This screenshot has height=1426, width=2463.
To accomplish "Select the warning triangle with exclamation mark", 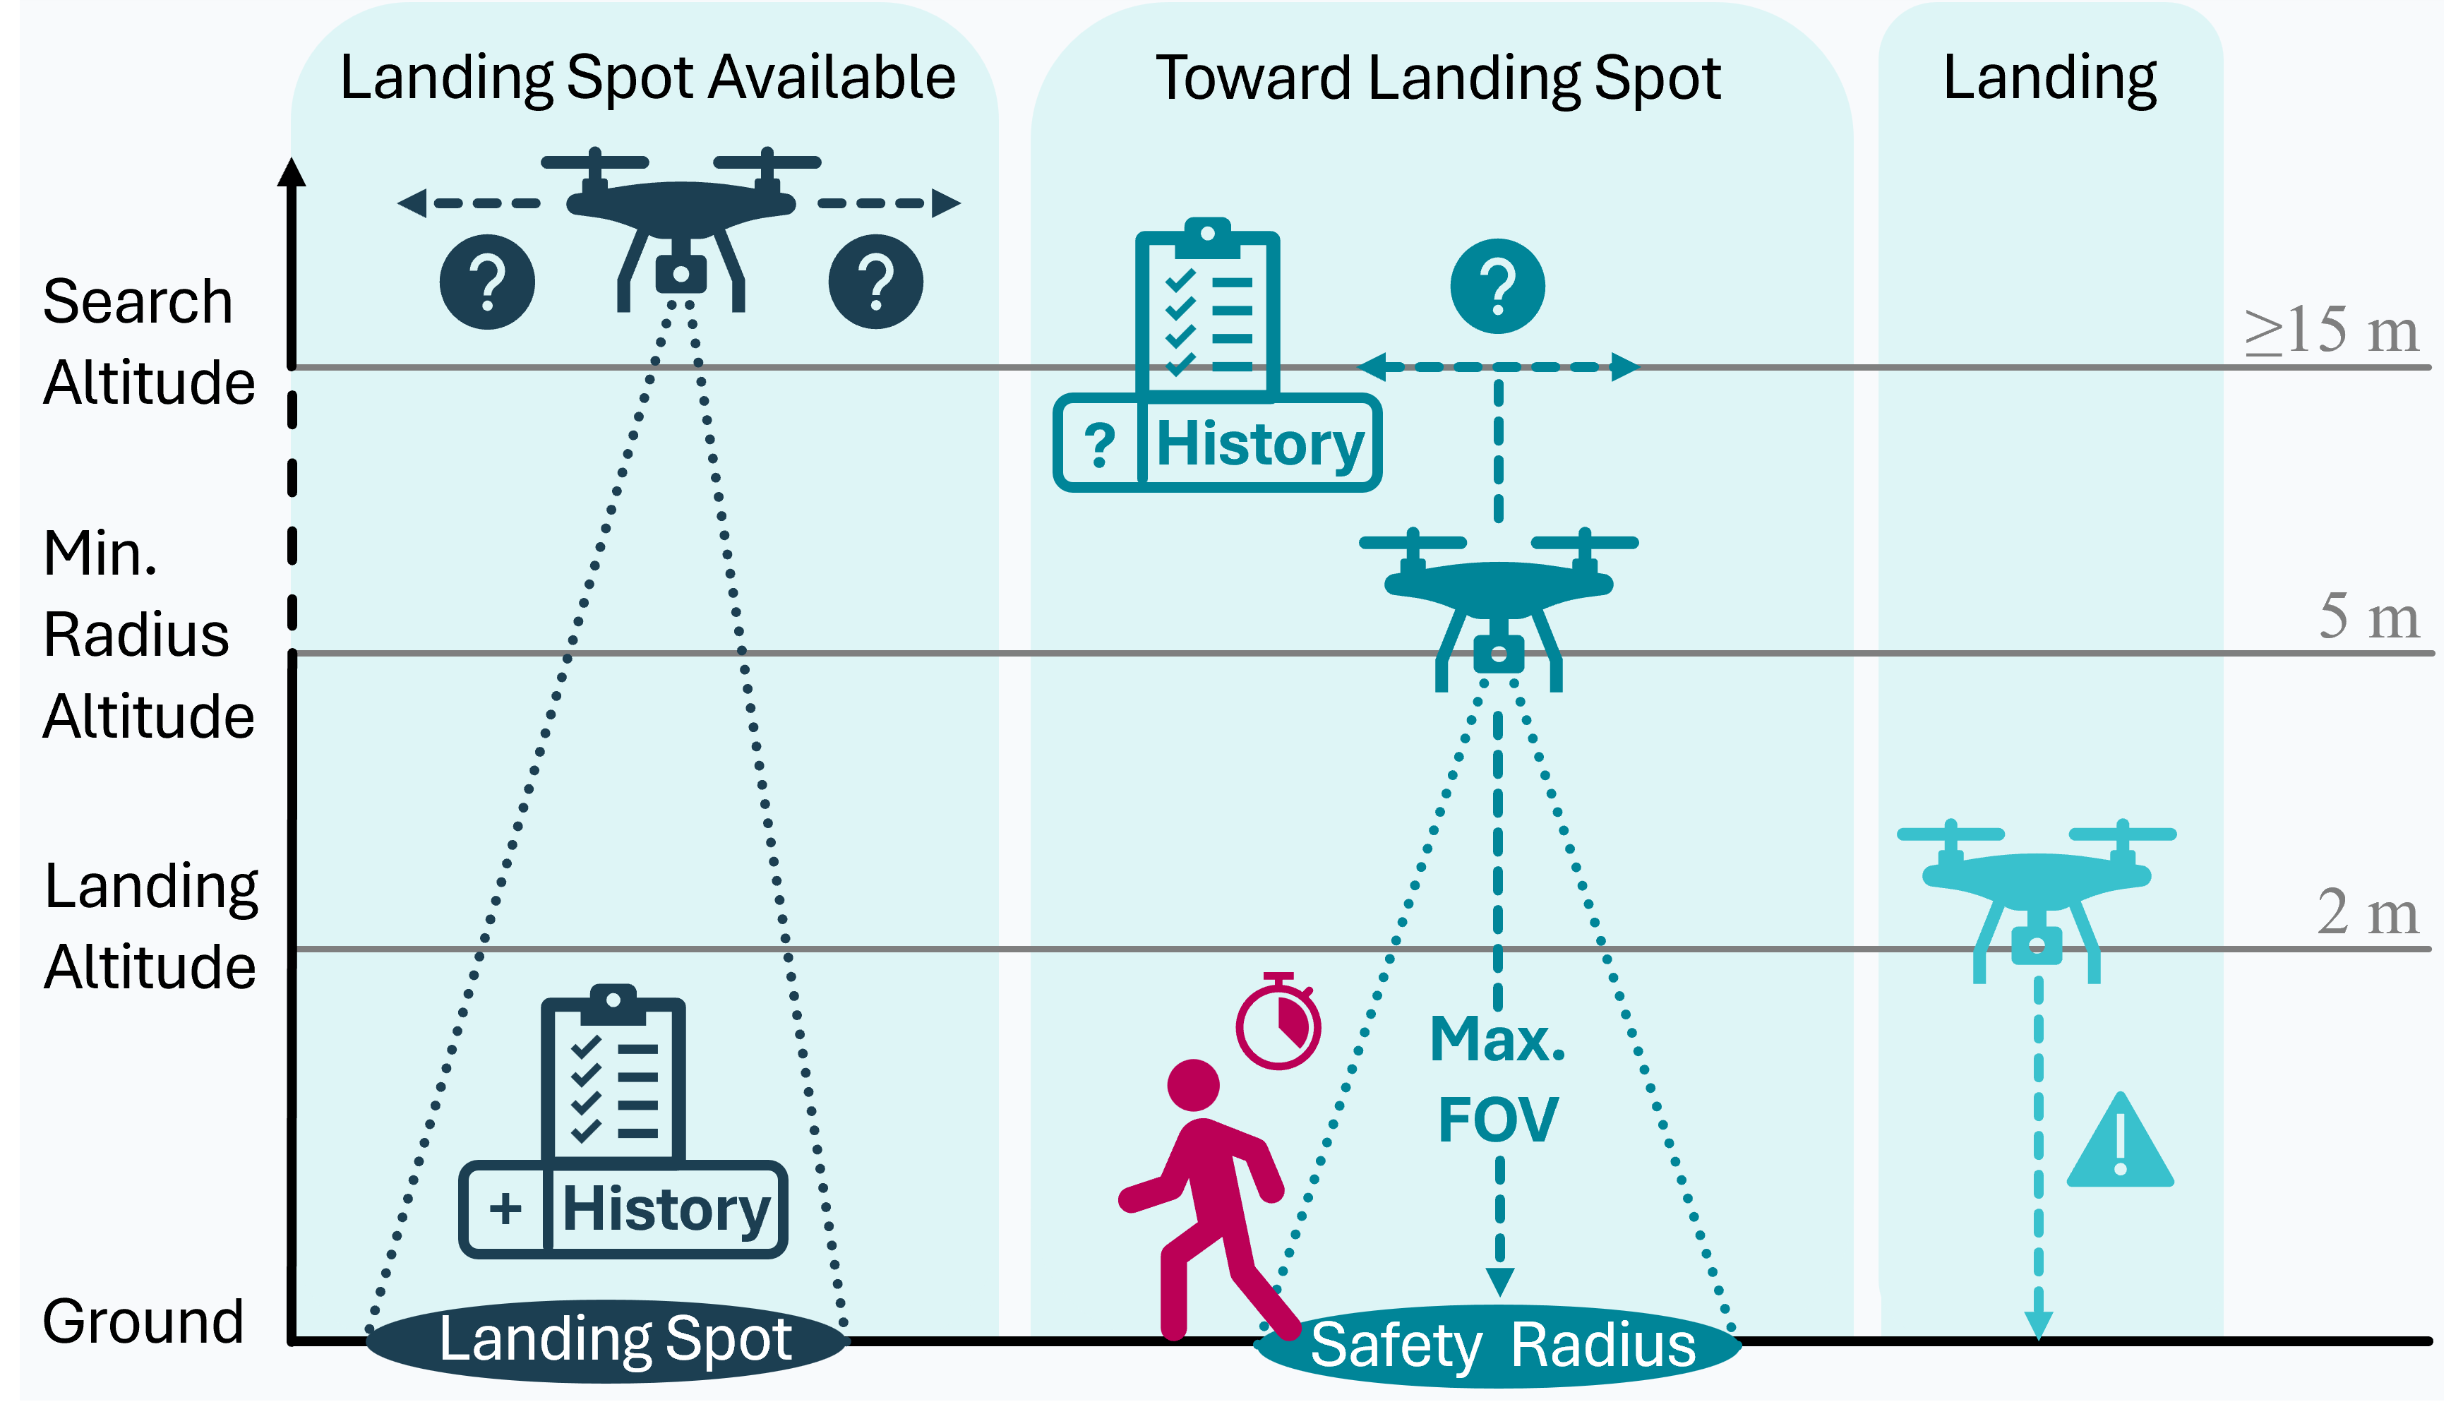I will pos(2120,1144).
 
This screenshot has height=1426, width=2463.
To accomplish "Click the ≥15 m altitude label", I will pos(2331,330).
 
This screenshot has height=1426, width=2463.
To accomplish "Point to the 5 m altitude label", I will pos(2368,618).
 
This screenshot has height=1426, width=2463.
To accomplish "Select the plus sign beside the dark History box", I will pos(505,1209).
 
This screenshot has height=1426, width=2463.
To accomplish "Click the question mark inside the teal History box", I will pos(1100,445).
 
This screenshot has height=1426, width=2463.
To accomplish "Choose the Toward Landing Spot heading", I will pos(1438,78).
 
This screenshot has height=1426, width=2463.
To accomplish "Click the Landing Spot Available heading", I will pos(647,78).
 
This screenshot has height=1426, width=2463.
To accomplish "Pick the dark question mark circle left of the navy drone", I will pos(486,282).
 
